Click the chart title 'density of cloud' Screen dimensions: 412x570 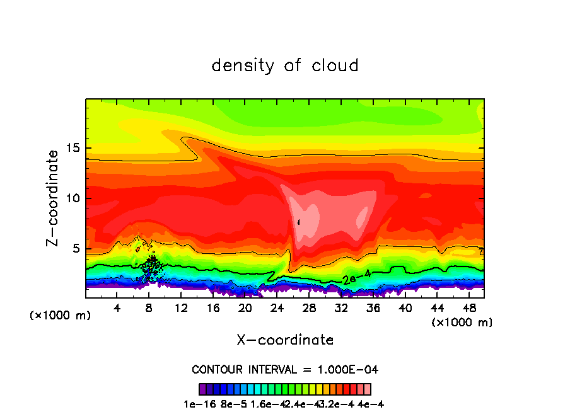coord(285,66)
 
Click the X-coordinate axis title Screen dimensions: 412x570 coord(285,340)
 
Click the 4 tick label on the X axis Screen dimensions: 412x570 coord(117,308)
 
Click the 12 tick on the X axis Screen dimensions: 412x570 coord(181,308)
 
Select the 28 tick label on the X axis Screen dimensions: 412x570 coord(309,308)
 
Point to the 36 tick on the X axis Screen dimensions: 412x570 coord(373,308)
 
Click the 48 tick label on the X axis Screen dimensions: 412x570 coord(468,308)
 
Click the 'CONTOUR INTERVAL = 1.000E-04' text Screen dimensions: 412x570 coord(285,369)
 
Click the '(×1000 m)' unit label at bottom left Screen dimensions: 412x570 coord(61,316)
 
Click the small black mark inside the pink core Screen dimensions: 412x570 coord(299,222)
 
